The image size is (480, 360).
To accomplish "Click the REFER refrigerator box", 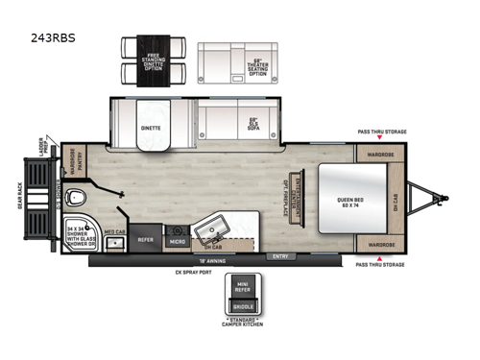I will coord(145,240).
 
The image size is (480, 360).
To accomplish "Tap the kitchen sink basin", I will coord(210,231).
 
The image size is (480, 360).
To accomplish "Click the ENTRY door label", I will coord(279,256).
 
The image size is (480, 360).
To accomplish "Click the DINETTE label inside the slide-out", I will coord(152,127).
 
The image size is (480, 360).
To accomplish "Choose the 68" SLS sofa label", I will coord(254,125).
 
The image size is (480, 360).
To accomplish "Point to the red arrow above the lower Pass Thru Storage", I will coord(381,258).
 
